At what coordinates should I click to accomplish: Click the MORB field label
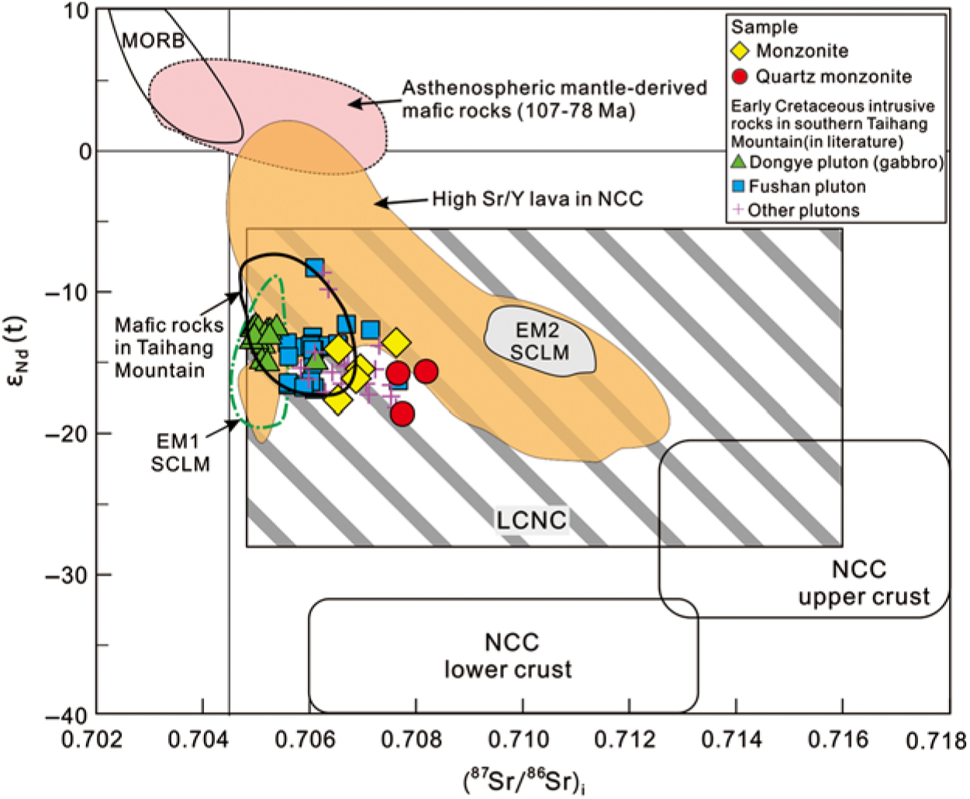pos(153,40)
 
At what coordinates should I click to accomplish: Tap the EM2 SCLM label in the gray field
pos(539,342)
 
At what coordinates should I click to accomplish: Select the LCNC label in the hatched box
pos(532,520)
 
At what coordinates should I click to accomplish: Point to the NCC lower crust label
pos(509,655)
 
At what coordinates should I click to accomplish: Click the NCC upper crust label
pos(863,583)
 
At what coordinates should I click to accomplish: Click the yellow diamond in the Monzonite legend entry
pos(740,51)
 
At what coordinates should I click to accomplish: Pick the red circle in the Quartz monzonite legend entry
pos(740,76)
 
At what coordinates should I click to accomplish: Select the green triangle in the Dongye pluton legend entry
pos(739,162)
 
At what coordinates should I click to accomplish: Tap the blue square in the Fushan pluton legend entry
pos(739,186)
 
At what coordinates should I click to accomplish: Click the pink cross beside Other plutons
pos(738,209)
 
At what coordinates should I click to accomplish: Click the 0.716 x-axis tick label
pos(839,739)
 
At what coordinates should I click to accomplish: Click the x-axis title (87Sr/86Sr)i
pos(525,780)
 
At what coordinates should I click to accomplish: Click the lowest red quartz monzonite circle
pos(402,414)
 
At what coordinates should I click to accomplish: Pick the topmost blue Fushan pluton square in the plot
pos(314,268)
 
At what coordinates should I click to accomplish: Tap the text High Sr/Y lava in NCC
pos(537,199)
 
